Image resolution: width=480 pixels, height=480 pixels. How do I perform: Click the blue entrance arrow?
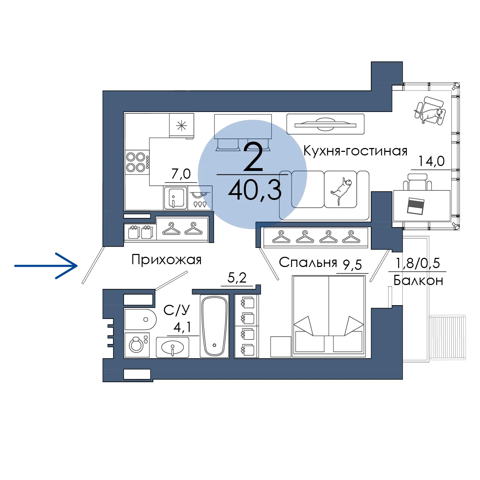pos(46,266)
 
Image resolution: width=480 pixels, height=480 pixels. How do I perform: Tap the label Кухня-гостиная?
pos(355,151)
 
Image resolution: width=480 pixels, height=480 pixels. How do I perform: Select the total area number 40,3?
pos(255,191)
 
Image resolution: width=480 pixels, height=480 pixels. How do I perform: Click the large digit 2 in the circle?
pos(253,158)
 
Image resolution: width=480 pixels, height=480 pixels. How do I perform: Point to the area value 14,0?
pos(431,161)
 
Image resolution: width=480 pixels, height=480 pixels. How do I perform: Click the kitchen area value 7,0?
pos(181,174)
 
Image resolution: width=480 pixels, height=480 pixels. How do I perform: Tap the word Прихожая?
pos(166,260)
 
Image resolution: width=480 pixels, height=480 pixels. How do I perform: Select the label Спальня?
pos(308,262)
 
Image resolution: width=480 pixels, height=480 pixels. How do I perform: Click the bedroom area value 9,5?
pos(352,265)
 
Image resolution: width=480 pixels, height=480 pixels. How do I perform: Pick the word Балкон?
pos(418,281)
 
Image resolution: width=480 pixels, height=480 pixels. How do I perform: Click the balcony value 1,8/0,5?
pos(417,263)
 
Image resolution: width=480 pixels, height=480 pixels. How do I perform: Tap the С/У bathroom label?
pos(177,310)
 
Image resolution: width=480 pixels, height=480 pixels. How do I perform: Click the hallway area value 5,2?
pos(237,278)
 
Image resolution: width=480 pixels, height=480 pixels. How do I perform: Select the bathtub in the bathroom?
pos(214,326)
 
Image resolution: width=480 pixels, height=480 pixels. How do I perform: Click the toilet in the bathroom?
pos(140,320)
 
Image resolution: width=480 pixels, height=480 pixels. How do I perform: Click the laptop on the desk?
pos(415,206)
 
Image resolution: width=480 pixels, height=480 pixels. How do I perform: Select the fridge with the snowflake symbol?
pos(182,125)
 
